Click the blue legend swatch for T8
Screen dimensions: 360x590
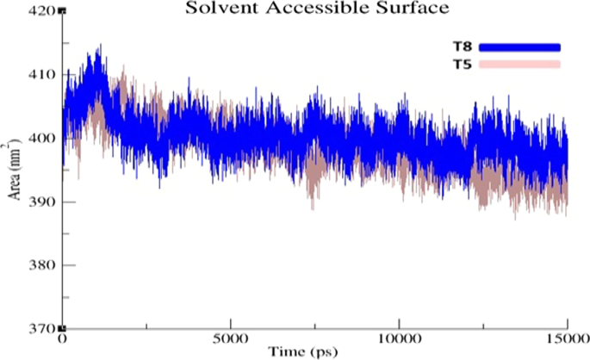519,47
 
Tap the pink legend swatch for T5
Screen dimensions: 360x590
519,65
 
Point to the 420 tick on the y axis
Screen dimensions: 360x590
43,11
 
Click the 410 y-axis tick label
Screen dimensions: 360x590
43,75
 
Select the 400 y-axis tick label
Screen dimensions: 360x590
43,139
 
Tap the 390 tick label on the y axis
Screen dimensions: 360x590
43,202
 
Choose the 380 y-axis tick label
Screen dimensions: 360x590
43,265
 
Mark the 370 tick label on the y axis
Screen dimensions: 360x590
43,329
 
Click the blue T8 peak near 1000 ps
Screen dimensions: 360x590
99,50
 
